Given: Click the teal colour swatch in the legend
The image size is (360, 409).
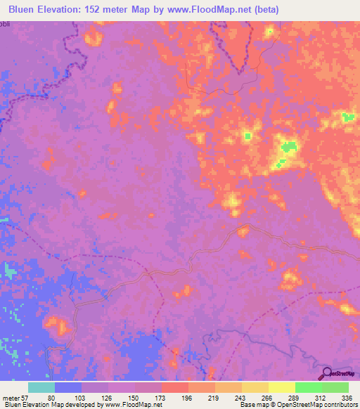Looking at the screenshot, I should click(x=41, y=387).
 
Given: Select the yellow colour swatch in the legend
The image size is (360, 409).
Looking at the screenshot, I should click(x=281, y=387).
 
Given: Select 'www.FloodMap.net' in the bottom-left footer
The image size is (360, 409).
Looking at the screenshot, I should click(x=134, y=405).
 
